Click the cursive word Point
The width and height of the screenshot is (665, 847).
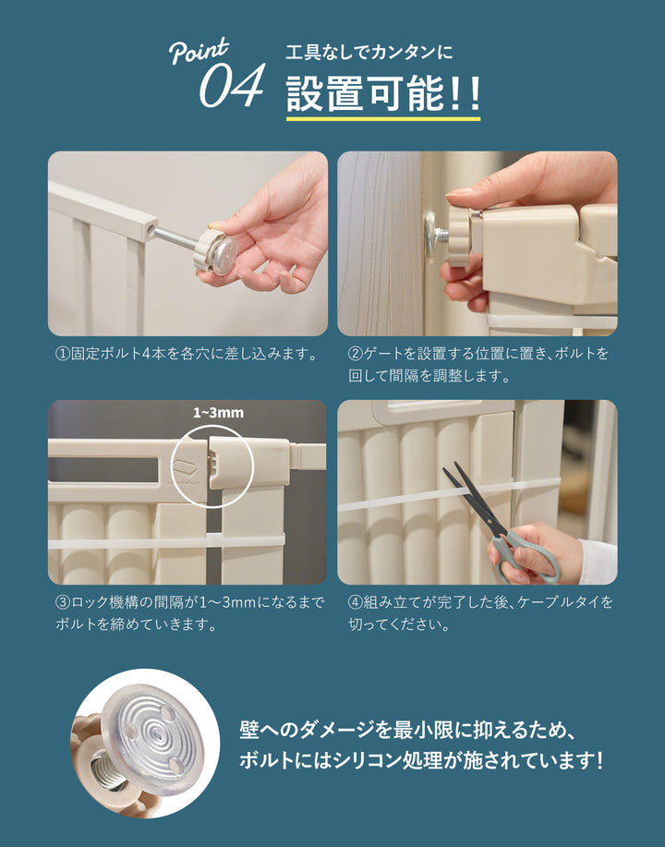(199, 51)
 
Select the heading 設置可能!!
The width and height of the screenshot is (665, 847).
(383, 93)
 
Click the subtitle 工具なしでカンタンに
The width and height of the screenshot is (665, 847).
(369, 53)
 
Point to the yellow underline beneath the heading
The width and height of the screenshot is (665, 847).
(383, 118)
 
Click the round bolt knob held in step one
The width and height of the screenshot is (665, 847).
(216, 252)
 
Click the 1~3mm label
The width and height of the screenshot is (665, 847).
(218, 413)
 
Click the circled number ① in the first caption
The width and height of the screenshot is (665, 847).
(63, 354)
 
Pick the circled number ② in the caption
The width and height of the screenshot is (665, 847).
(355, 354)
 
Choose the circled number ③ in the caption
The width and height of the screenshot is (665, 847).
(63, 601)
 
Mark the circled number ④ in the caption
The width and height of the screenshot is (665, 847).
(355, 601)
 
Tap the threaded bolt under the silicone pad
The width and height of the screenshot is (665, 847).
(111, 772)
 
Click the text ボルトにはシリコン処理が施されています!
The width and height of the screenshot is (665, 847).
(421, 760)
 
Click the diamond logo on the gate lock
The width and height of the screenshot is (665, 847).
(185, 466)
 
